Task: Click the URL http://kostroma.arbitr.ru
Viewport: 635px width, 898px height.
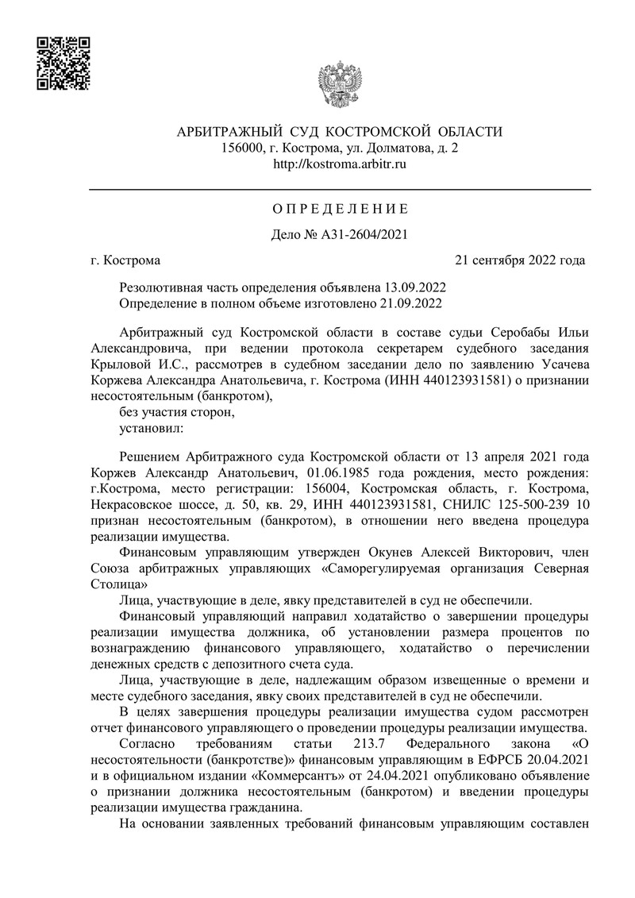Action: point(340,164)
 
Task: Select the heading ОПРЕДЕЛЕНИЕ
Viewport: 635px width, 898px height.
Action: point(340,210)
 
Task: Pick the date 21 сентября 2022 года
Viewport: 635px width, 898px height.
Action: point(520,260)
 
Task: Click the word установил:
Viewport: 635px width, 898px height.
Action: point(150,429)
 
